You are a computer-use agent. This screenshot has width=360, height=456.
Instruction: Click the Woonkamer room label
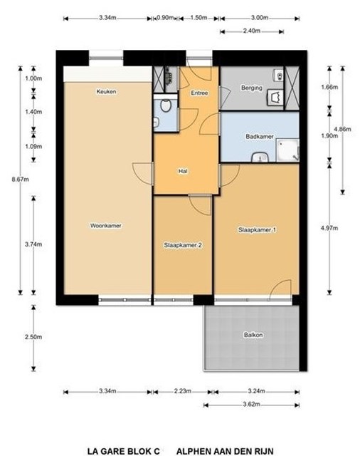106,226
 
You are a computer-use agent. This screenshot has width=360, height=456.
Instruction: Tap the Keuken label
106,92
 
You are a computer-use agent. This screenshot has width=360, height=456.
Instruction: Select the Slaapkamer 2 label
183,245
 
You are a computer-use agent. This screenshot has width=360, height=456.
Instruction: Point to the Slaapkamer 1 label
257,229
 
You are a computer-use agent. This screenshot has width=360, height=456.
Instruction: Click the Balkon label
253,335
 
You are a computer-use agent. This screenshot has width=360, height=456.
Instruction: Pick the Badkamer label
260,136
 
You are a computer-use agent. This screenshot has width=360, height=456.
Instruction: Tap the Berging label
251,88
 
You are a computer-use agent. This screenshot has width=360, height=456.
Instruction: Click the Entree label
199,93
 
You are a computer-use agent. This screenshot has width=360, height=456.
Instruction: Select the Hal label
183,171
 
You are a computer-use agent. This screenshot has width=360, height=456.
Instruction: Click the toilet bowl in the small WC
166,106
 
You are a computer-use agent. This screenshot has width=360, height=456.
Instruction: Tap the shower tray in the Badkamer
287,150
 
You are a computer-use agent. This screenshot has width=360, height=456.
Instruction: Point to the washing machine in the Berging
275,97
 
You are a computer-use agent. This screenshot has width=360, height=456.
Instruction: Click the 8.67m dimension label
21,180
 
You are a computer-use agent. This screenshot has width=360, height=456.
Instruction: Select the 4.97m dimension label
329,228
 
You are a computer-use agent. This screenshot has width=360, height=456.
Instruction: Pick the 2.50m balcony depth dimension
33,337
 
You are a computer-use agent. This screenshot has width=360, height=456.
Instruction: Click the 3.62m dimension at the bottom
251,405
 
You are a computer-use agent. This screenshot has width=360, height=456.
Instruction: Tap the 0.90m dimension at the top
165,18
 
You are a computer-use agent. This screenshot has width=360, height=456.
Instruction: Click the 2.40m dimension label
251,31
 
